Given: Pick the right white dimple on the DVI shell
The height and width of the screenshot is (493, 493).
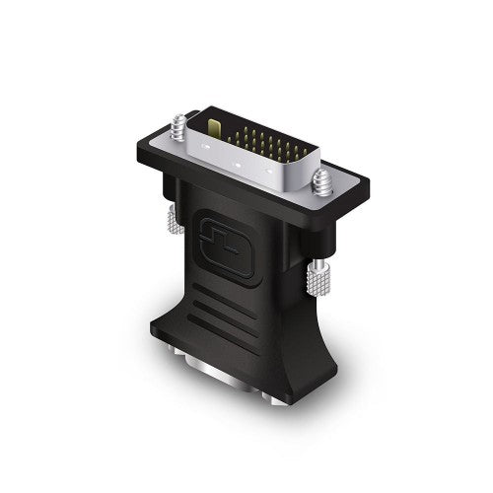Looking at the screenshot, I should (268, 181).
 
